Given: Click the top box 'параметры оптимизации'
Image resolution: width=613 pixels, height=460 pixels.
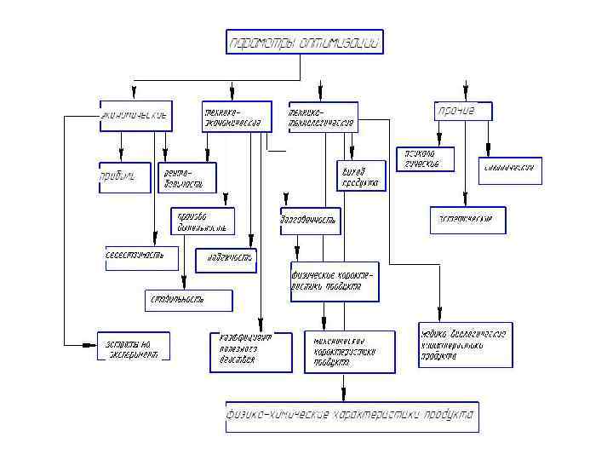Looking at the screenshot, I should pyautogui.click(x=305, y=42).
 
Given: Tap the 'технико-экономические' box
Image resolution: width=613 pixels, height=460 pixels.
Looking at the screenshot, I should pyautogui.click(x=236, y=118).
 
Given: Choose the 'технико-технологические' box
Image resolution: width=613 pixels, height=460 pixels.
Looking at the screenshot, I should pyautogui.click(x=323, y=118).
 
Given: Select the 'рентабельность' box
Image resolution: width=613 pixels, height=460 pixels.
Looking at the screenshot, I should pyautogui.click(x=187, y=177).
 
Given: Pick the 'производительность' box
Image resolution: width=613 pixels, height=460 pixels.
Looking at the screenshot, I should pyautogui.click(x=202, y=221).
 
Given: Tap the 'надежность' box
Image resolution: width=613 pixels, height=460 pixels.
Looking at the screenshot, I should pyautogui.click(x=226, y=258).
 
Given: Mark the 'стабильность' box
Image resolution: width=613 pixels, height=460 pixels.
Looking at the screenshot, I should pyautogui.click(x=187, y=300).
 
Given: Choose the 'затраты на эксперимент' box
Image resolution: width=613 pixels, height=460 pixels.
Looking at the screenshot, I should pyautogui.click(x=133, y=346).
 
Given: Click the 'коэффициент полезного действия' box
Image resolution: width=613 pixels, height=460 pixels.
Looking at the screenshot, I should pyautogui.click(x=250, y=349).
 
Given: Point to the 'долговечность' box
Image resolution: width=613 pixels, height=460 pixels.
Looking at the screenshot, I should pyautogui.click(x=310, y=221).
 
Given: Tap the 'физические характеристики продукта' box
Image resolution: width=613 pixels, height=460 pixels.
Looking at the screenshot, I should pyautogui.click(x=333, y=282).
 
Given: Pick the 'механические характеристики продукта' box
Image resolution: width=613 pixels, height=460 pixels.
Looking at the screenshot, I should pyautogui.click(x=350, y=352).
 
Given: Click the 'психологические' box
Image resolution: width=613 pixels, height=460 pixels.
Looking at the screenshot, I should pyautogui.click(x=425, y=159).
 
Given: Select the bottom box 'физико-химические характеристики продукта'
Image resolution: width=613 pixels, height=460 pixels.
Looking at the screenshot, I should pyautogui.click(x=352, y=417).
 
